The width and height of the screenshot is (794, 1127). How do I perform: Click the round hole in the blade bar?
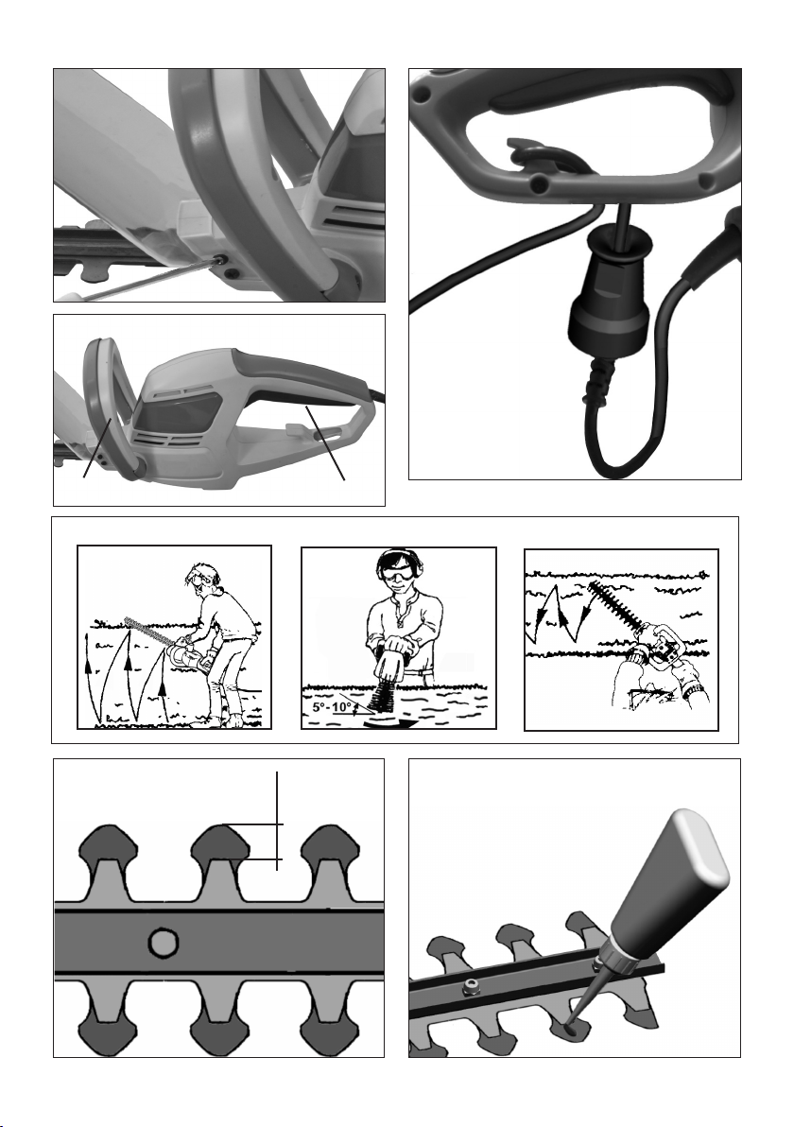point(164,942)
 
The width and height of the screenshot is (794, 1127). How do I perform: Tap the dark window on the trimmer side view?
point(177,412)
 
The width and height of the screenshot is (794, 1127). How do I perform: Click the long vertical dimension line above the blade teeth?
point(277,820)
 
